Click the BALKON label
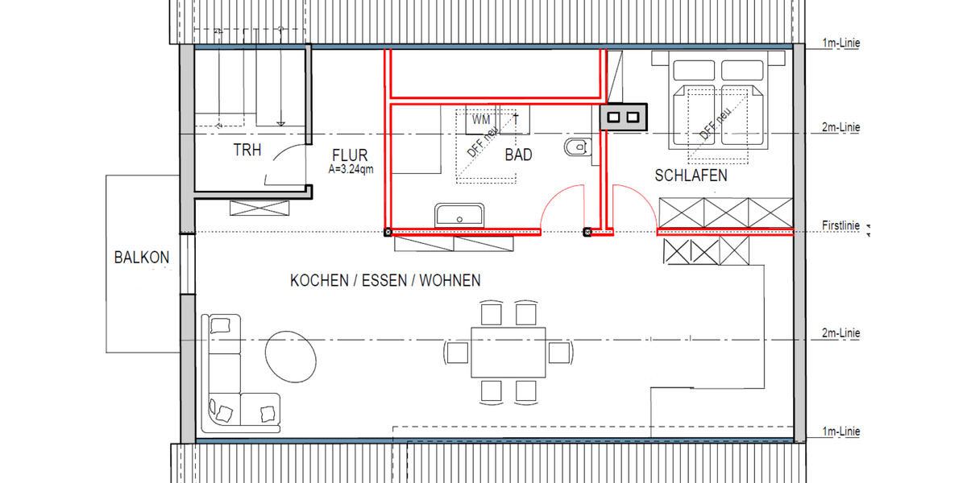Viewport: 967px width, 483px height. tap(142, 258)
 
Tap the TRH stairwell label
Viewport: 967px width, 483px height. tap(247, 151)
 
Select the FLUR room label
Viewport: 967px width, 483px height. tap(350, 155)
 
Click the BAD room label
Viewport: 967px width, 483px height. tap(518, 155)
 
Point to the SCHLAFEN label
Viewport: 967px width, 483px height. tap(691, 175)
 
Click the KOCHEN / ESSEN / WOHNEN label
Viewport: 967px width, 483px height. tap(385, 280)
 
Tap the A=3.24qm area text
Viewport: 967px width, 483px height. tap(351, 170)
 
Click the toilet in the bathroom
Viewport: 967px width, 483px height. tap(578, 147)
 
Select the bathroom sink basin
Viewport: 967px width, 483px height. tap(459, 216)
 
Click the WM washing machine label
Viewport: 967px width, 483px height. tap(481, 119)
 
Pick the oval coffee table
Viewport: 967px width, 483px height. tap(289, 355)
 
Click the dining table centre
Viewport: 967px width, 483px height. tap(508, 352)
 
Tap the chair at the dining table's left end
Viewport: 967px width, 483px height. tap(456, 352)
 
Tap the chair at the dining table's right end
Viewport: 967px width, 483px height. tap(559, 352)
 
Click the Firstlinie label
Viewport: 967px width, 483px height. tap(840, 225)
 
